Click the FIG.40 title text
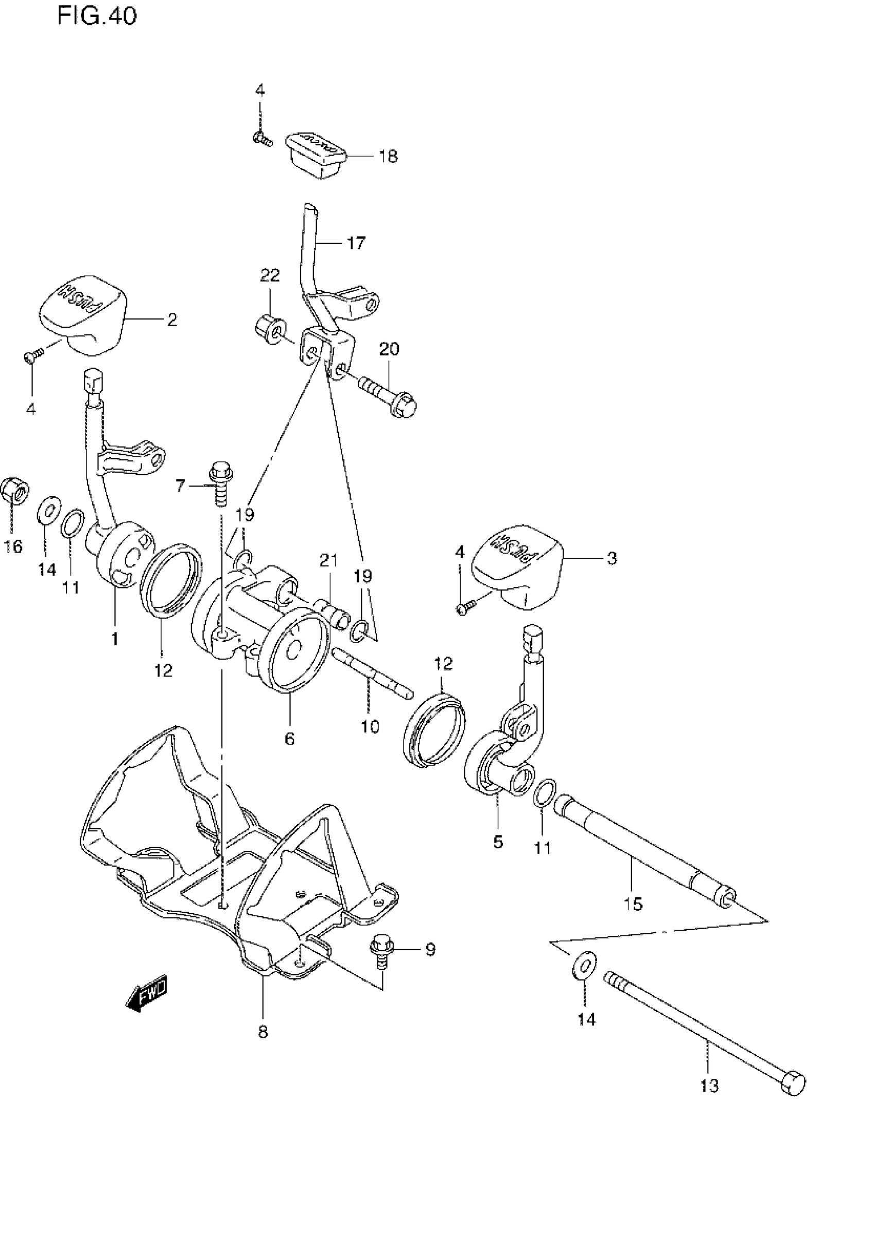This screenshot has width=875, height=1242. tap(97, 16)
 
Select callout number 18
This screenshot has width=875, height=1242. tap(388, 157)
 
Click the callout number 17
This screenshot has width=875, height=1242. tap(356, 243)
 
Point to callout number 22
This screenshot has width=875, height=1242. tap(270, 276)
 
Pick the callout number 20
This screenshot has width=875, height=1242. tap(389, 349)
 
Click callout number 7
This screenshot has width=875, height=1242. tap(180, 486)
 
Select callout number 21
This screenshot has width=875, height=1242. tap(328, 560)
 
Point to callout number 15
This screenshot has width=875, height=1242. tap(633, 903)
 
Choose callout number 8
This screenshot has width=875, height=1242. tap(262, 1032)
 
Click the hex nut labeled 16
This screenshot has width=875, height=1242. tap(14, 491)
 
